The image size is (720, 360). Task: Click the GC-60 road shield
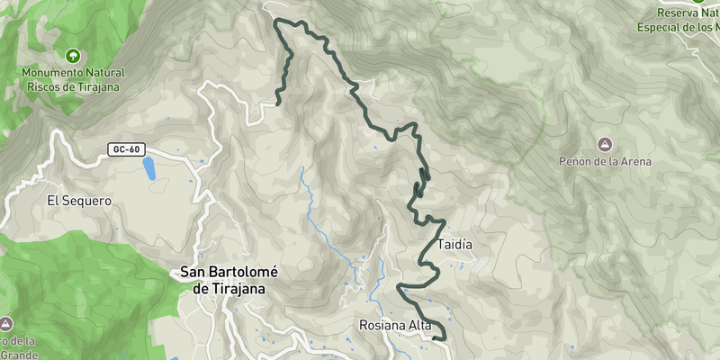point(126,148)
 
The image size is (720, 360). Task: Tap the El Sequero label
point(79,201)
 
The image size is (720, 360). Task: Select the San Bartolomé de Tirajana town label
point(230,280)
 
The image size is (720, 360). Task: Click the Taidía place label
point(454,244)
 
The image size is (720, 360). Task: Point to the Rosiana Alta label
point(395,325)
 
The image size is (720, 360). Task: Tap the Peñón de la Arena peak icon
point(605,144)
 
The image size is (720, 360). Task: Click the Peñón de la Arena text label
point(605,162)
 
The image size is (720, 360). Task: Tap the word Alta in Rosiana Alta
point(419,325)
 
